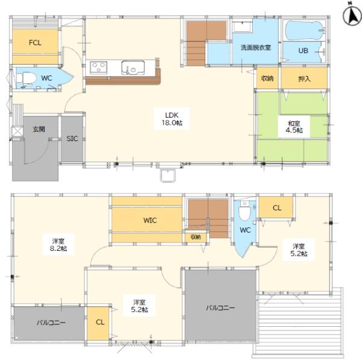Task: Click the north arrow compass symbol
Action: [x=352, y=15]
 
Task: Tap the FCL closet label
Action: [x=35, y=43]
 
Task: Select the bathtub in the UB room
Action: [x=303, y=30]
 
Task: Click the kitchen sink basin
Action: [x=133, y=68]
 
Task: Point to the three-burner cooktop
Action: [x=98, y=68]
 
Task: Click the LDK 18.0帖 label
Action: [x=172, y=119]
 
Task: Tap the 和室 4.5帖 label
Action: [x=294, y=127]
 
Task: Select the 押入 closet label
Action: [x=304, y=79]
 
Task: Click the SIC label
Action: [x=72, y=139]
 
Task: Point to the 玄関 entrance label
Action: [x=39, y=129]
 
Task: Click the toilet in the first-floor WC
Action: [x=26, y=78]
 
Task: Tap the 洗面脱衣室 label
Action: [x=256, y=48]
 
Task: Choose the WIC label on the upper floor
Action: [x=150, y=220]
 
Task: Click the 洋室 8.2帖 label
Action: [x=59, y=245]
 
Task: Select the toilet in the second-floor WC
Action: [x=245, y=210]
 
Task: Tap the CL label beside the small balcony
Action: [x=100, y=322]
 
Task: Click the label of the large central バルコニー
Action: [x=220, y=308]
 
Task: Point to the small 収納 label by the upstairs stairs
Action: [x=195, y=237]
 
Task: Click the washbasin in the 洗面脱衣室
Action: [x=242, y=27]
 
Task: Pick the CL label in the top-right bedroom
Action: [x=277, y=208]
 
